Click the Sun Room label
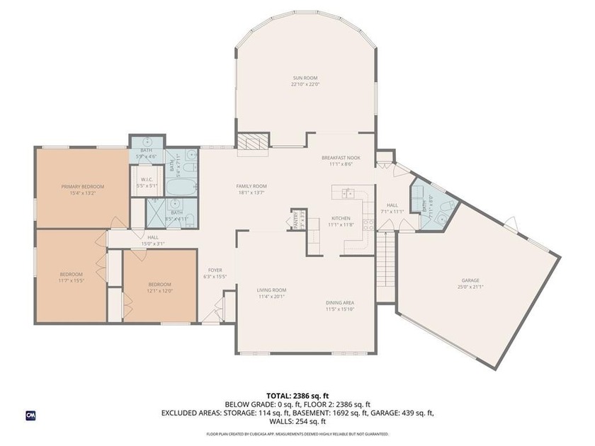305,77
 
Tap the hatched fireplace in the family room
253,142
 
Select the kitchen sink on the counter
348,193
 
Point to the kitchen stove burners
368,225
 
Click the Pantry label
296,220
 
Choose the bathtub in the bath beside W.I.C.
181,186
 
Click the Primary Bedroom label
82,187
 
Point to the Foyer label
215,270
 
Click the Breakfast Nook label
340,158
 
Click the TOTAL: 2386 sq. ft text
297,395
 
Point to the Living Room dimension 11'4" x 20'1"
271,296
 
